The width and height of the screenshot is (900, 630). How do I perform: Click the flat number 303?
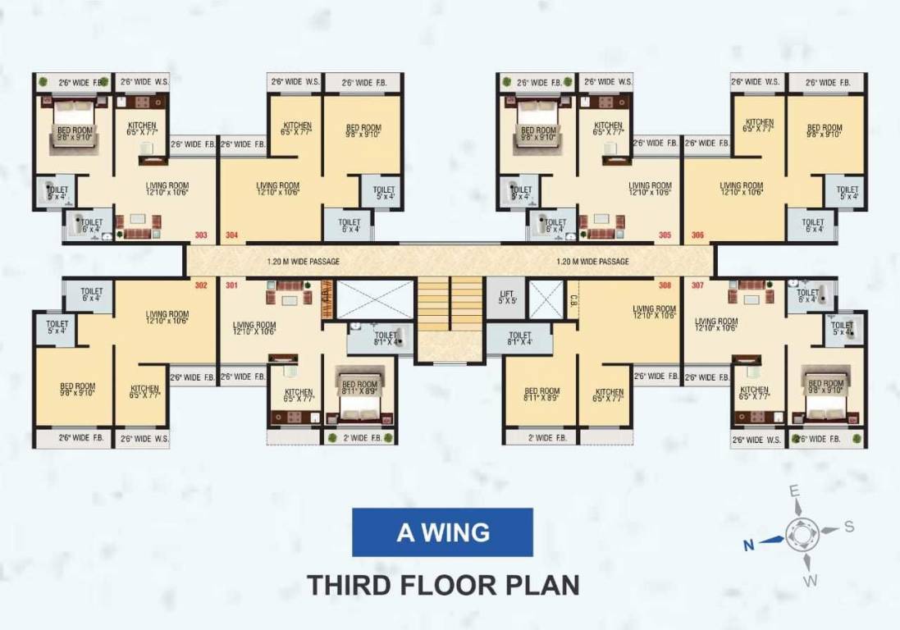[201, 235]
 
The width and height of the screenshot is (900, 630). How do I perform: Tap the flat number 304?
[232, 235]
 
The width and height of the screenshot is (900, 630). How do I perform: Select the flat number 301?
[232, 286]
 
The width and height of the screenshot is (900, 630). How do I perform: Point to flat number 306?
[697, 235]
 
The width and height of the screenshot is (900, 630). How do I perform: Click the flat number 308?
[665, 286]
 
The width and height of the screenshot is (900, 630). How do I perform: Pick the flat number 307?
[697, 286]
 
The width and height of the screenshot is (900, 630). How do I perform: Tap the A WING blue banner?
[442, 532]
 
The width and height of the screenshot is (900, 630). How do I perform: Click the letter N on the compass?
[748, 542]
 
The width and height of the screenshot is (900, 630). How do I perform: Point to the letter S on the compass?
[849, 526]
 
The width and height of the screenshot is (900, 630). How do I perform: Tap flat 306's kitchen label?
[758, 126]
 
